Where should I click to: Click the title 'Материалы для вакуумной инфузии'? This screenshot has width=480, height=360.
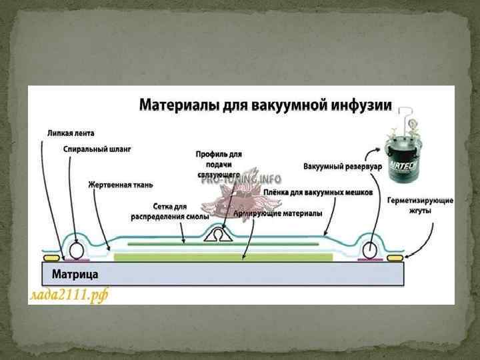(265, 105)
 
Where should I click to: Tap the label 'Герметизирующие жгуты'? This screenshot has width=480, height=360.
(421, 205)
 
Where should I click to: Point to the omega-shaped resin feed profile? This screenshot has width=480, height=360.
(218, 235)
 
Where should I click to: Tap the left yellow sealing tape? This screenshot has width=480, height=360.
(51, 257)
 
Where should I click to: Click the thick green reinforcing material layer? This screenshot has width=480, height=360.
(223, 257)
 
